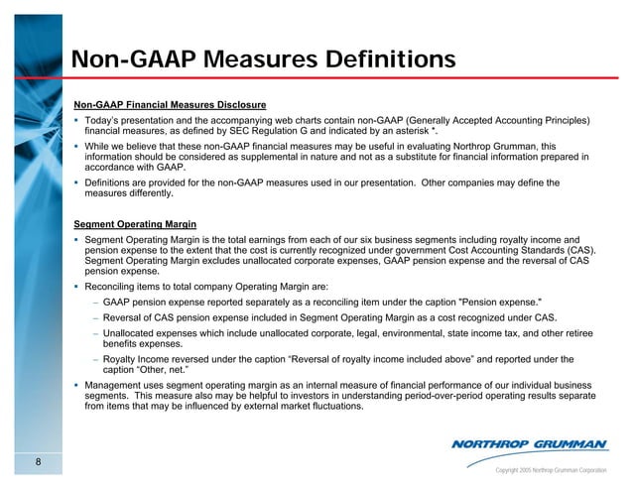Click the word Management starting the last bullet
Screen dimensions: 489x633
(117, 384)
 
